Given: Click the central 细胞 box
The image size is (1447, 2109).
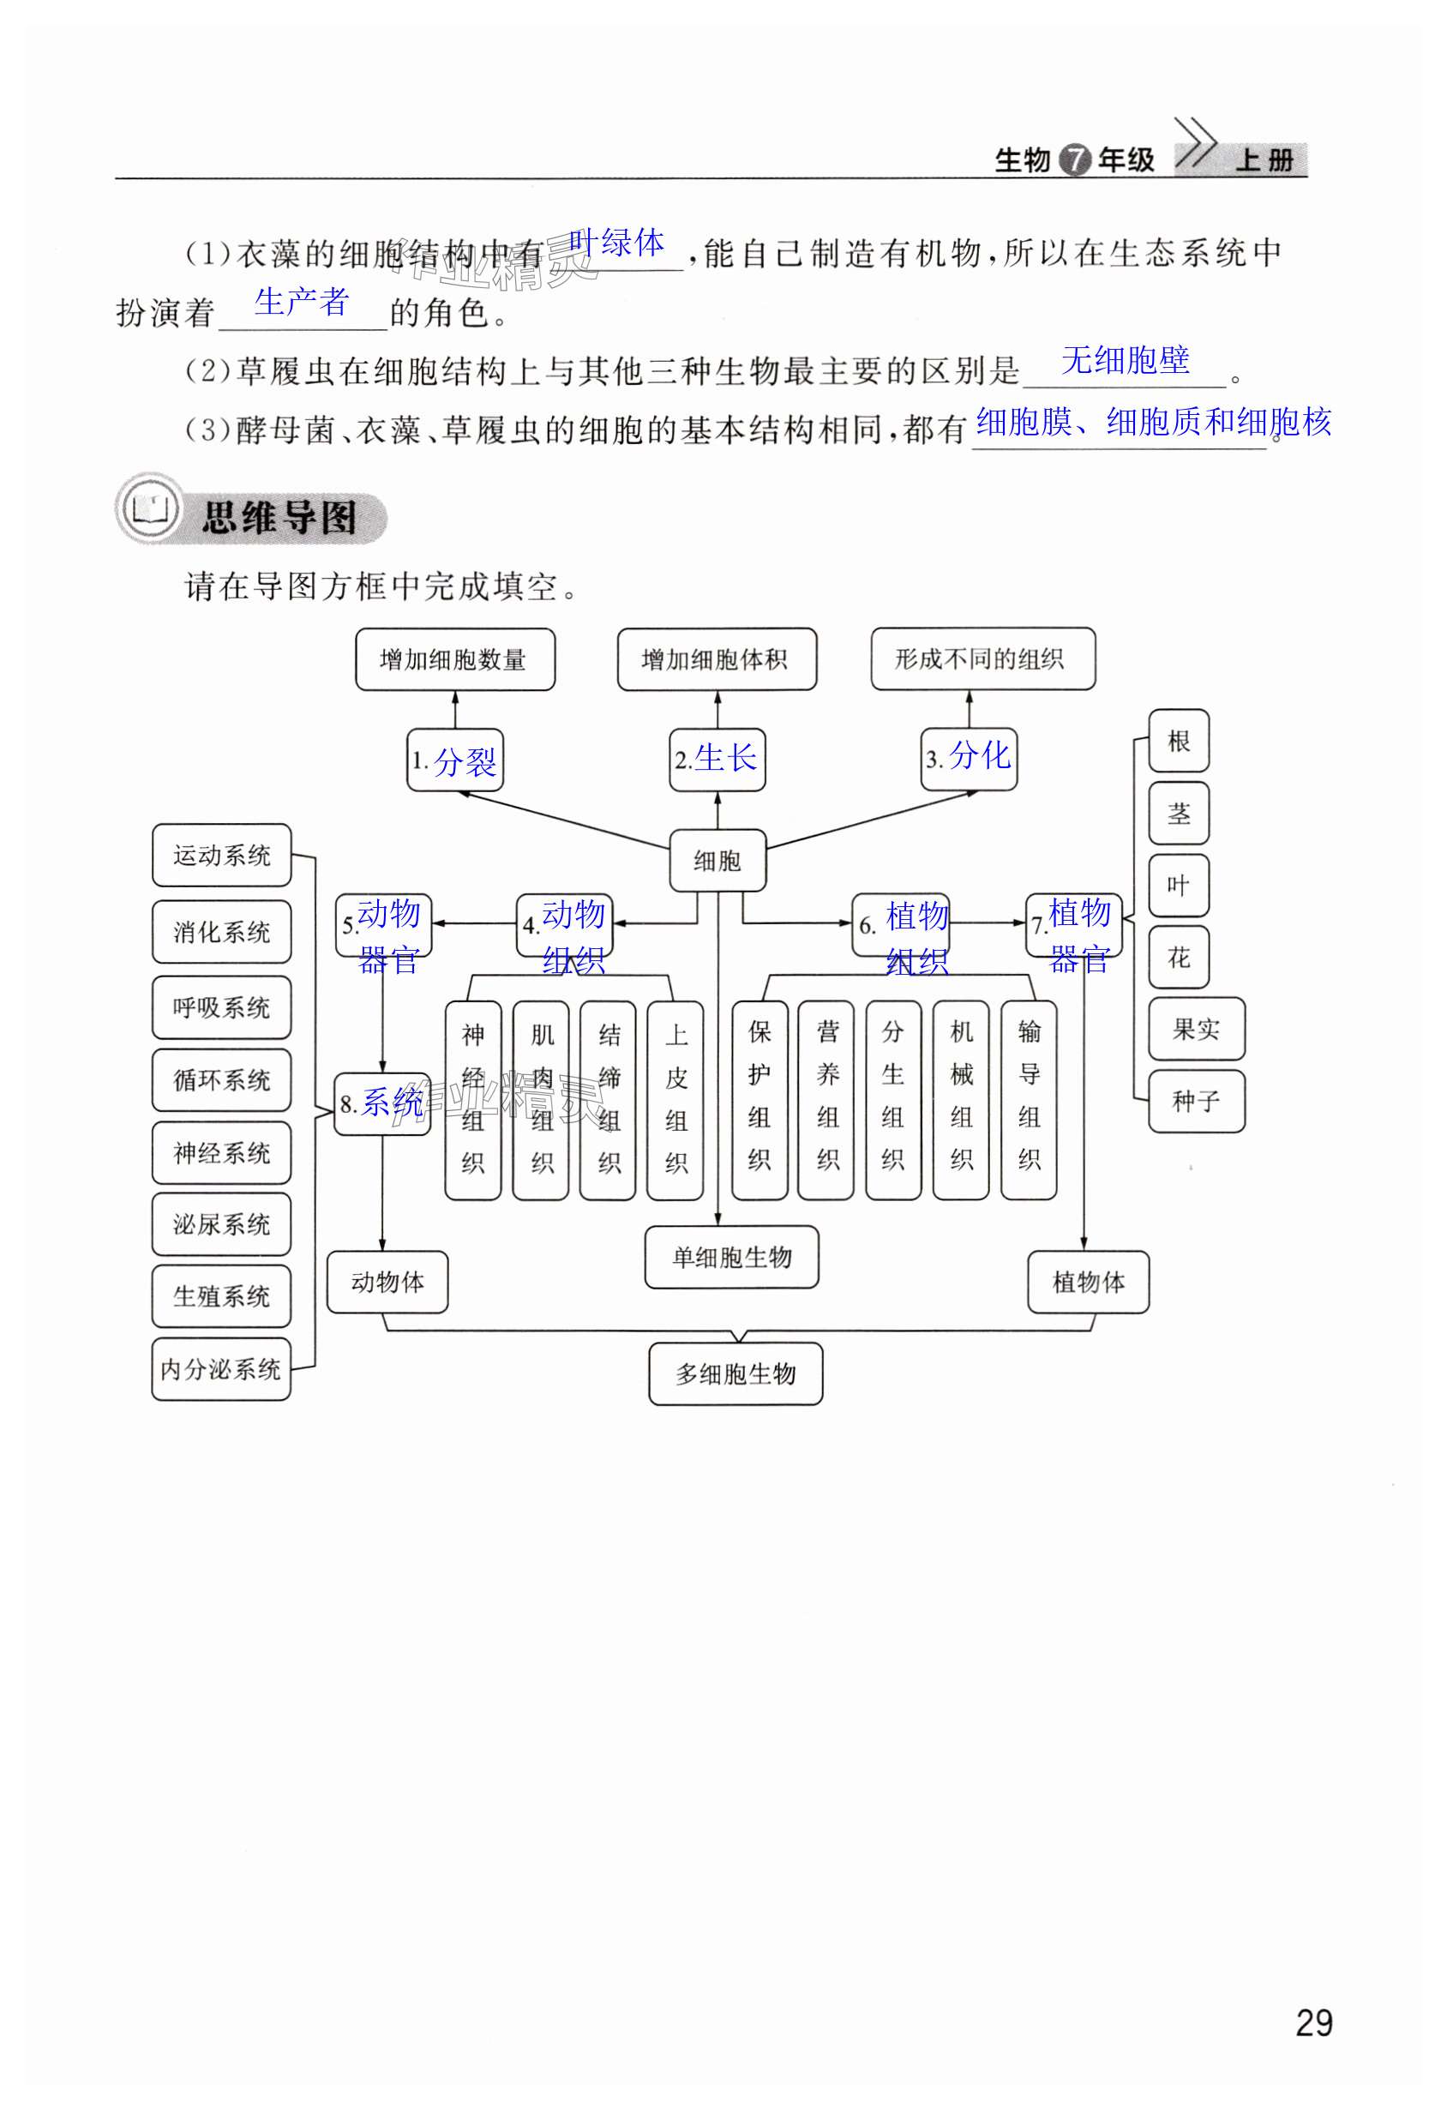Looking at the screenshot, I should (717, 860).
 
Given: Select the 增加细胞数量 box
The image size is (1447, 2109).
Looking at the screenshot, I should (453, 660).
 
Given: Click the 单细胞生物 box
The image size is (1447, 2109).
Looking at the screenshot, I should (731, 1257).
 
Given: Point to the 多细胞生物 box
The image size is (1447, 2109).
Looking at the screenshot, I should (735, 1374).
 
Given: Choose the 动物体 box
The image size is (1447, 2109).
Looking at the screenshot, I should (387, 1282).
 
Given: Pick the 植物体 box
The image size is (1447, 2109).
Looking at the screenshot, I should (1088, 1282).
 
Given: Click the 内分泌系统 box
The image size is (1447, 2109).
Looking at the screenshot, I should (221, 1368).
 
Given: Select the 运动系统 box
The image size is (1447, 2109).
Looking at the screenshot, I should (221, 855).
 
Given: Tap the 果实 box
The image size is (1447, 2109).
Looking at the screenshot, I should (1196, 1029).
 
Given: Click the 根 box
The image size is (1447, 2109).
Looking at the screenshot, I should (1179, 742).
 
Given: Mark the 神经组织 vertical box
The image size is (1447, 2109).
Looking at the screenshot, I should (472, 1099).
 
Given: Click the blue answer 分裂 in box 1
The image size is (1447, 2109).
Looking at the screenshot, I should (465, 760).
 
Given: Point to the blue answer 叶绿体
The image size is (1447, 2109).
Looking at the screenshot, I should (617, 243).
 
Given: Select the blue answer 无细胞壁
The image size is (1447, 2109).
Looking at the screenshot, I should (1125, 360).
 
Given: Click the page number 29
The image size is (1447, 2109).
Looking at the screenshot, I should (1313, 2022).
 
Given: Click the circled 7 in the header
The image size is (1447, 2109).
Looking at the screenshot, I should (1075, 160).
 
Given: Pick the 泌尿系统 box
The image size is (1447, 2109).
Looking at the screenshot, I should (221, 1224).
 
